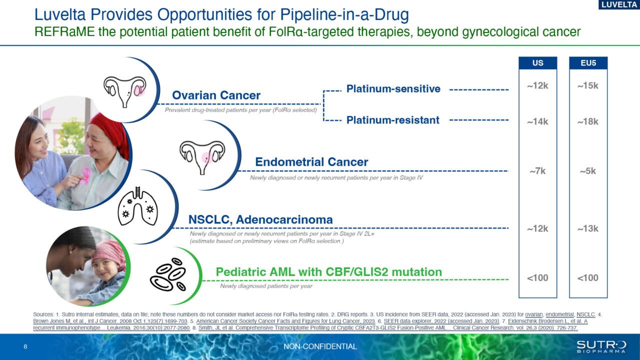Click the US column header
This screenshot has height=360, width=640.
(x=537, y=63)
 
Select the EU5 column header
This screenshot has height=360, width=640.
(x=588, y=63)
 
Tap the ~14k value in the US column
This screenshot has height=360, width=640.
(x=537, y=121)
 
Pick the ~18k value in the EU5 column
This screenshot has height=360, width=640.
(x=587, y=121)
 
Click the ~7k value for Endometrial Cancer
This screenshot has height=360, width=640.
(x=537, y=171)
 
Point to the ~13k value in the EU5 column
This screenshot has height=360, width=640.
(x=587, y=228)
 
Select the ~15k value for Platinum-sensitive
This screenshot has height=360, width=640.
(x=587, y=86)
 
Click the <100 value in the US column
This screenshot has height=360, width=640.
(x=537, y=278)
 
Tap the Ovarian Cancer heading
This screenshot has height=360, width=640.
(x=216, y=95)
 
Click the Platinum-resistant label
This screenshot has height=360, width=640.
(x=393, y=120)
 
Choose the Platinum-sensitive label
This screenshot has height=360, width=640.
(x=393, y=89)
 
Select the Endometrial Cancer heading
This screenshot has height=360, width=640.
(x=311, y=162)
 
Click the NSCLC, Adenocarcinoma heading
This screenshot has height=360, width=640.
(x=260, y=219)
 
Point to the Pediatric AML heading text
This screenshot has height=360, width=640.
(x=328, y=272)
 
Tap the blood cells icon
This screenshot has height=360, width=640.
(x=168, y=274)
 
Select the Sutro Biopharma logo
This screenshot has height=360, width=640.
(x=601, y=346)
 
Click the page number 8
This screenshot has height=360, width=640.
(x=25, y=346)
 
